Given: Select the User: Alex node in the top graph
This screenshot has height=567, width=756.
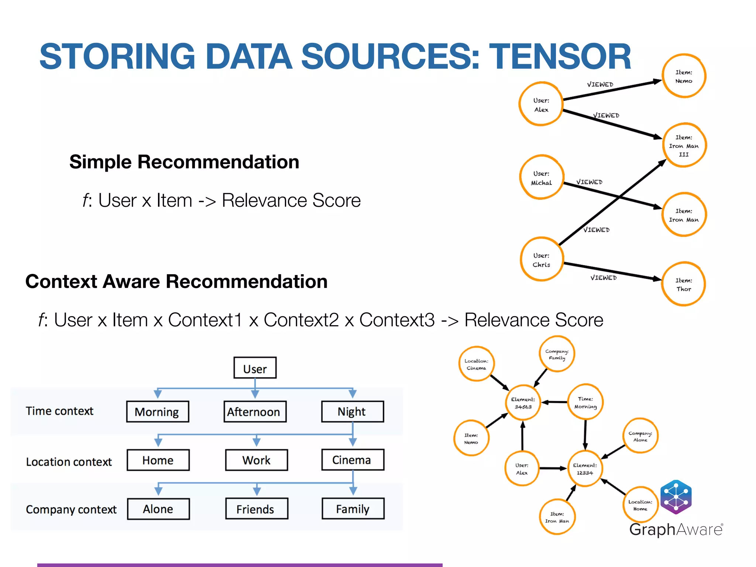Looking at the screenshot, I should (x=541, y=104).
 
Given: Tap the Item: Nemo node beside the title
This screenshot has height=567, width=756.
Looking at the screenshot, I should (x=684, y=76).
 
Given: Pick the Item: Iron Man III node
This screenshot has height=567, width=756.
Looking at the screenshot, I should (x=684, y=145).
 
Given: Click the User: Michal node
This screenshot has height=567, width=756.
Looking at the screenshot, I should (x=542, y=178).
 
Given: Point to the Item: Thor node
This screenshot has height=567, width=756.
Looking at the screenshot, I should (x=684, y=284).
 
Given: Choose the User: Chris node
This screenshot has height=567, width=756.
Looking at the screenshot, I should (x=542, y=260).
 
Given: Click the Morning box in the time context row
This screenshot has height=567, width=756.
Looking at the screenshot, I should (x=157, y=412).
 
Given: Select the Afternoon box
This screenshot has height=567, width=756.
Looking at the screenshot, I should (x=255, y=412).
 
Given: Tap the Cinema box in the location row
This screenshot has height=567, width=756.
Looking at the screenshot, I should (x=353, y=460).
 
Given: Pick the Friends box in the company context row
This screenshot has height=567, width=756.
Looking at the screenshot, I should (x=256, y=509).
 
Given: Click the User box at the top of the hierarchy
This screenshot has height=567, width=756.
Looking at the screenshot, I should (x=255, y=368).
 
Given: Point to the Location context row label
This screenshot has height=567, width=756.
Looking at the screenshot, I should (x=69, y=462).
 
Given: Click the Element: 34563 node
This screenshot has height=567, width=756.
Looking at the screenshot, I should (x=523, y=403).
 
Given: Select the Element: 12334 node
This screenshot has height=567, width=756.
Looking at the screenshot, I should (x=585, y=469).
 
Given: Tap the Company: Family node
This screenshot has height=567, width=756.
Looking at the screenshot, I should (x=557, y=354).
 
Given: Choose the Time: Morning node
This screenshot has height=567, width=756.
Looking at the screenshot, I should (x=585, y=402).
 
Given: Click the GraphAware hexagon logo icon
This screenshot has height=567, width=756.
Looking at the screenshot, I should (x=676, y=497).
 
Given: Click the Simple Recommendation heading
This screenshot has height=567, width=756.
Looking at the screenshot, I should (x=184, y=162).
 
